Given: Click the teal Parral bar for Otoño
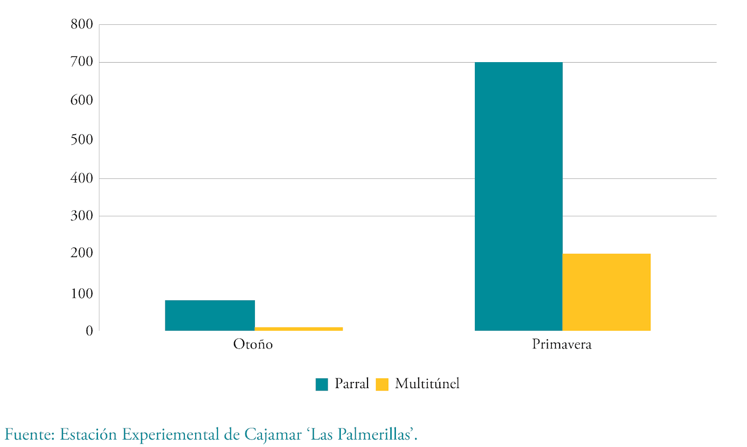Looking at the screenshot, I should click(210, 315).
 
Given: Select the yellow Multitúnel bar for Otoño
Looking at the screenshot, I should click(299, 329).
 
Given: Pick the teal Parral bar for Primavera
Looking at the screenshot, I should click(518, 196).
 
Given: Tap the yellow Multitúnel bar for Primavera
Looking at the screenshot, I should click(606, 292).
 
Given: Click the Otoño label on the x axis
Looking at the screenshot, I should click(253, 345).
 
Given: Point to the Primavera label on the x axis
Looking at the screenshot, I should click(562, 345).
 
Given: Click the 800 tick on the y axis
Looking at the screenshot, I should click(82, 24).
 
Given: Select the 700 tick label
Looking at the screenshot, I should click(82, 62).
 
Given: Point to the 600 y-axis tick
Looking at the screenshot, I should click(82, 100).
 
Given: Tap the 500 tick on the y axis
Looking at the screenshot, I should click(82, 139).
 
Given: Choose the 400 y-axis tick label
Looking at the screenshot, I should click(82, 178).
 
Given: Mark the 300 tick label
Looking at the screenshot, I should click(82, 216).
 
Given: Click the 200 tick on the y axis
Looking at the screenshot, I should click(82, 253).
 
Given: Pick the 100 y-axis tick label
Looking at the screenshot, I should click(82, 294).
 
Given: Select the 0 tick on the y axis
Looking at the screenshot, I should click(89, 331).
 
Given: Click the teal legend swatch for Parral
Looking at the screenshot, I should click(322, 384).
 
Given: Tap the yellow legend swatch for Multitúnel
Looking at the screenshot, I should click(382, 384).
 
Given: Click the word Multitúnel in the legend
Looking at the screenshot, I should click(427, 384).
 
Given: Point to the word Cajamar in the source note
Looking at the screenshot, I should click(273, 435).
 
